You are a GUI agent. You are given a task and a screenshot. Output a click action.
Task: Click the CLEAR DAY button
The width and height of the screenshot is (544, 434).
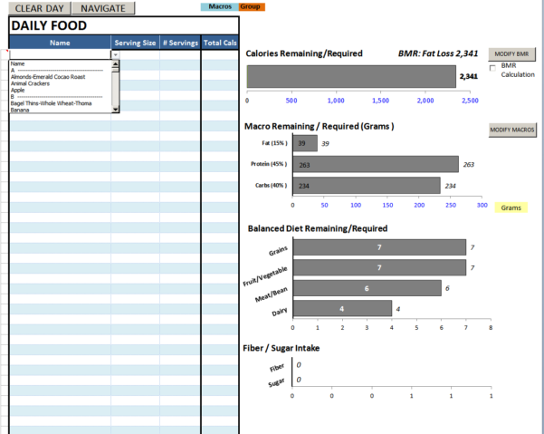click(39, 8)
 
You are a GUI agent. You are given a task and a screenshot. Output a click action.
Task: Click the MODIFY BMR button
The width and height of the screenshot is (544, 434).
click(513, 53)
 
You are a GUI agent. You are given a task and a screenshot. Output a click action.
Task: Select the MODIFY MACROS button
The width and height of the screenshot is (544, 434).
click(513, 130)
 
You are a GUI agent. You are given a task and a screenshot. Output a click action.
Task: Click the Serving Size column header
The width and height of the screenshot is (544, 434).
click(135, 43)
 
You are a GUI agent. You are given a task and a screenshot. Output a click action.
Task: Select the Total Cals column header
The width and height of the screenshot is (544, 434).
click(220, 43)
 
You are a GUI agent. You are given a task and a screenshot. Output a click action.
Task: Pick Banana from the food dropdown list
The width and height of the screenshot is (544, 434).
click(20, 110)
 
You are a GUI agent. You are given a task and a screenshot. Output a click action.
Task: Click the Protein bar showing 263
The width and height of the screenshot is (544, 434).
click(377, 164)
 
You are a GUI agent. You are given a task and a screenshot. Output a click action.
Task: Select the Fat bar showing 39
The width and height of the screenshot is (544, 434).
click(306, 143)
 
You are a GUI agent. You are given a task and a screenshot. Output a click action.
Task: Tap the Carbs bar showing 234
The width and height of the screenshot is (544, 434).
click(367, 185)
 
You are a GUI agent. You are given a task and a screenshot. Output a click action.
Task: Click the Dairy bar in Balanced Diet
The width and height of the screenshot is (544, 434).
click(342, 309)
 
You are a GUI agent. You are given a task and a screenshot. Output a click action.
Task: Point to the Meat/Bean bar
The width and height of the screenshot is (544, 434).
click(367, 288)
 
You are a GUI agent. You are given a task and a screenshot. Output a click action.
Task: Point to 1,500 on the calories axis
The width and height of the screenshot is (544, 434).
click(380, 101)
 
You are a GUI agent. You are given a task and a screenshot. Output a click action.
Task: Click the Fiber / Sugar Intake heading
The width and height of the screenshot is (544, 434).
click(294, 347)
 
